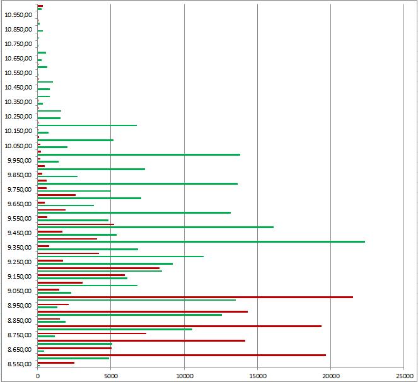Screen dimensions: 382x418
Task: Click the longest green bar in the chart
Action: point(201,241)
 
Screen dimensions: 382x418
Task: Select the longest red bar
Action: point(195,297)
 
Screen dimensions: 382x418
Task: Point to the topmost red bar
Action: point(40,6)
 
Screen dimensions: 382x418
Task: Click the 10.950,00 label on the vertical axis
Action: point(18,14)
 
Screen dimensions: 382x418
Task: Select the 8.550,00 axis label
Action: point(18,364)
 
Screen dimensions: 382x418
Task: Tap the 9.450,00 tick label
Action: point(18,233)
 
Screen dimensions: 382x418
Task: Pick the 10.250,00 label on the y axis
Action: point(18,117)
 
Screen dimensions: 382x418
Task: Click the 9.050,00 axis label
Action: point(18,291)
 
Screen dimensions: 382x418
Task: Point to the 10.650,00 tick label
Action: point(18,59)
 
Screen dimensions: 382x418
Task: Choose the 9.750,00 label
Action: point(18,190)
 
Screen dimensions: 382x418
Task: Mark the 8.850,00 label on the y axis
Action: point(18,320)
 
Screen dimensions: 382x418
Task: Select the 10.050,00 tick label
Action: point(18,146)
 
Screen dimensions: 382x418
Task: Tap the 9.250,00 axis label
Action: point(18,262)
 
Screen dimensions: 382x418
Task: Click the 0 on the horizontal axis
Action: point(38,374)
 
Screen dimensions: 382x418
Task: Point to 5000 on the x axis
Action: point(111,374)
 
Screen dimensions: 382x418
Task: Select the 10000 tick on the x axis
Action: point(184,374)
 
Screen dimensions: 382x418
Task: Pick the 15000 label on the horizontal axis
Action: point(257,374)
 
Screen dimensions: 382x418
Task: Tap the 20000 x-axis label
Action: point(331,374)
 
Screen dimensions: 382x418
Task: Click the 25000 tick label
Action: point(404,374)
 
